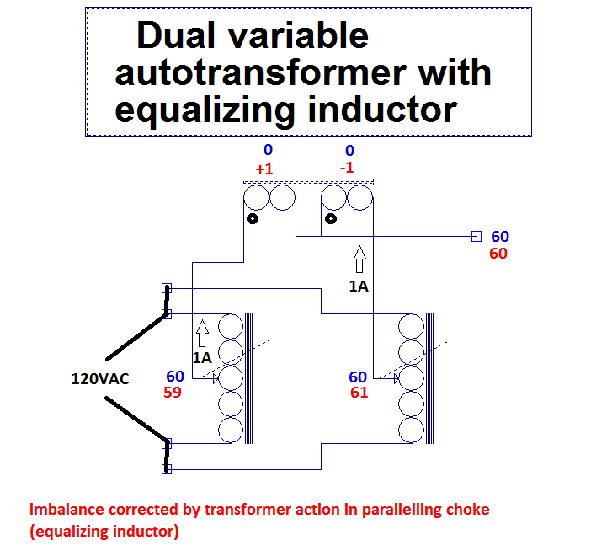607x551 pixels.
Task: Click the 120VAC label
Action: click(x=100, y=379)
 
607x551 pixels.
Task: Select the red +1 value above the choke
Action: click(x=264, y=169)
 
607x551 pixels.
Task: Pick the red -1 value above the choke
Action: click(x=347, y=168)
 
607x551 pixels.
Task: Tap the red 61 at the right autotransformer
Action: click(x=359, y=393)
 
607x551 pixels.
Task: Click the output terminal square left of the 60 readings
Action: click(x=476, y=237)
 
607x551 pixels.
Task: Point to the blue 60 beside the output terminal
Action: click(x=500, y=237)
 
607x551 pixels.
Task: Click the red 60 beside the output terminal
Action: click(x=498, y=254)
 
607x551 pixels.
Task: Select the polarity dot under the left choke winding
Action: click(x=252, y=220)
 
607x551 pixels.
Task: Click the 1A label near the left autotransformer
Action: click(x=201, y=357)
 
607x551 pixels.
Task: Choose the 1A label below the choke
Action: click(x=359, y=286)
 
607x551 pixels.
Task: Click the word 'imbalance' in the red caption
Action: click(x=67, y=510)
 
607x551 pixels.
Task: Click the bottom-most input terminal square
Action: click(x=167, y=468)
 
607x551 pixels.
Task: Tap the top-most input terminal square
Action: click(x=167, y=288)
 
